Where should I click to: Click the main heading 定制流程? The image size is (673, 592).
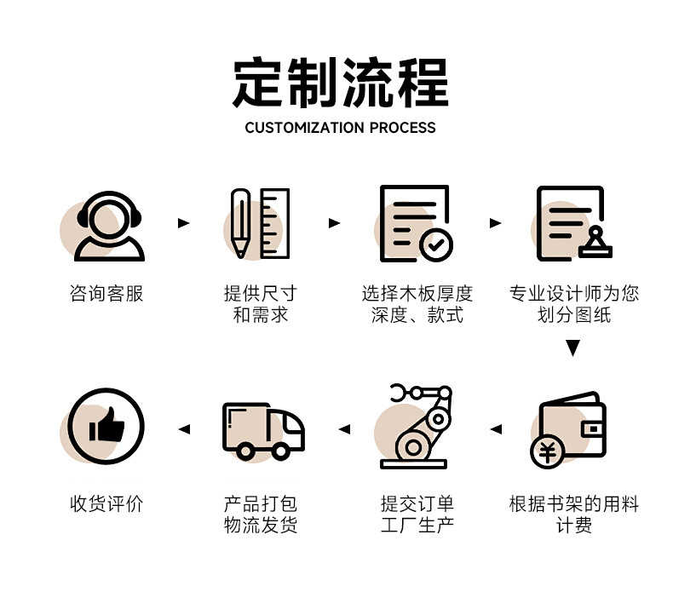340,83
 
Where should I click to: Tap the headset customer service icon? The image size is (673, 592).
109,225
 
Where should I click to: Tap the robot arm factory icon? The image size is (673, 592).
417,426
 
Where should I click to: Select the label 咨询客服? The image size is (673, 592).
106,294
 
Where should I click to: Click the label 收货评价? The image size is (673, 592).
106,503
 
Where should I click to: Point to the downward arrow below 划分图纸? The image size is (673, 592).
573,348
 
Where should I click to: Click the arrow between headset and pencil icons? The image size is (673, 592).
183,223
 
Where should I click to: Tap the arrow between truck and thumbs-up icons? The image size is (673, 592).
183,428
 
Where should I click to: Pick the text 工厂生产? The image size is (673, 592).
417,526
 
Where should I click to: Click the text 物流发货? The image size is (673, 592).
261,526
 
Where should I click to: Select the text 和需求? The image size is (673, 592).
261,315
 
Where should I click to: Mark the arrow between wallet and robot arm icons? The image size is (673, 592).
496,428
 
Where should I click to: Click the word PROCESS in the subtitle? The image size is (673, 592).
403,128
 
